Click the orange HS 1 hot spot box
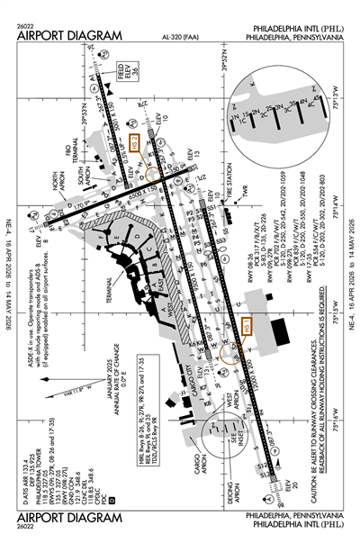pos(247,330)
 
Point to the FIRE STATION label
pos(235,191)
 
